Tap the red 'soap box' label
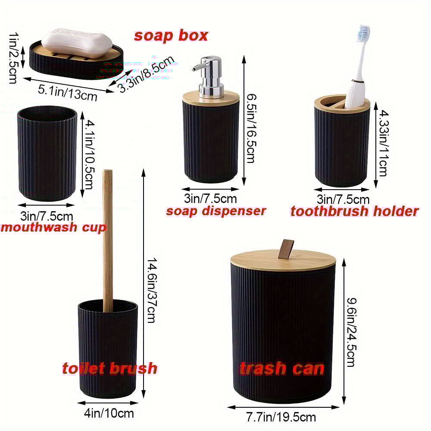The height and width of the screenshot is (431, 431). pos(171,36)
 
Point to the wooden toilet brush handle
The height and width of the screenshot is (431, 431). pos(108,237)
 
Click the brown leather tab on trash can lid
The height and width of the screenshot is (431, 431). pos(285,249)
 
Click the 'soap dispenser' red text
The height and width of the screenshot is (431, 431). pos(216,211)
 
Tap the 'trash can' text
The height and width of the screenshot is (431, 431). pos(282,369)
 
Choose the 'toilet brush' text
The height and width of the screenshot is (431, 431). pos(109,369)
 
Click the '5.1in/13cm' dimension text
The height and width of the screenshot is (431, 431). pos(68,93)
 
